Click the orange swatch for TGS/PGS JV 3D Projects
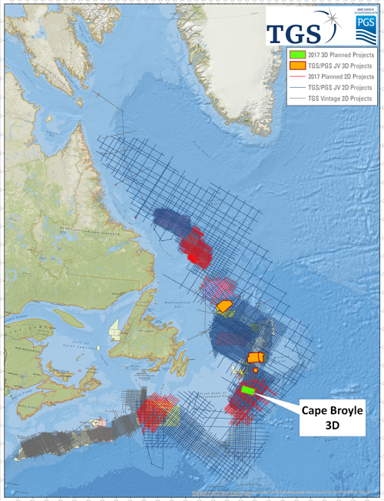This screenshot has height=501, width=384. point(297,67)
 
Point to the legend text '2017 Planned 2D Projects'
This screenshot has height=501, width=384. point(342,78)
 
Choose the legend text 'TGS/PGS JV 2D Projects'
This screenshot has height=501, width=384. point(342,89)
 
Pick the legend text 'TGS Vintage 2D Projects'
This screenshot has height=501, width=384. point(342,99)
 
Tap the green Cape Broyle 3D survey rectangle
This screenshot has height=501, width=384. point(248,391)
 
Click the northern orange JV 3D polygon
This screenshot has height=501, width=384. point(225,306)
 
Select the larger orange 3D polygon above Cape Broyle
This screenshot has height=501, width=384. point(257,357)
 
